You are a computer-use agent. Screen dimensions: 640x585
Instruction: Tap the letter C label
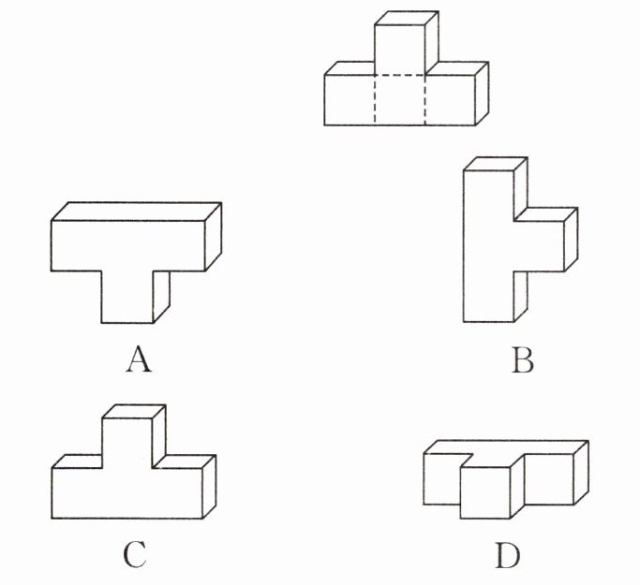pos(134,556)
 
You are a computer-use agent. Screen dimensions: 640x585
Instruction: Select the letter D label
pos(507,556)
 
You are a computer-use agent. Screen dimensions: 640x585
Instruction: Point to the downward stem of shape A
pos(126,295)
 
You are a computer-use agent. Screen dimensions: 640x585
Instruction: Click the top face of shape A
pos(137,211)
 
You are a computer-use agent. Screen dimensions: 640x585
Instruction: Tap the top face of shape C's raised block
pos(134,411)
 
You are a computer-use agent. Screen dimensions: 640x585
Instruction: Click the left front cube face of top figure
pos(349,99)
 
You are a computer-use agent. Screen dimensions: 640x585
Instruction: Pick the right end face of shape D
pos(581,473)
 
